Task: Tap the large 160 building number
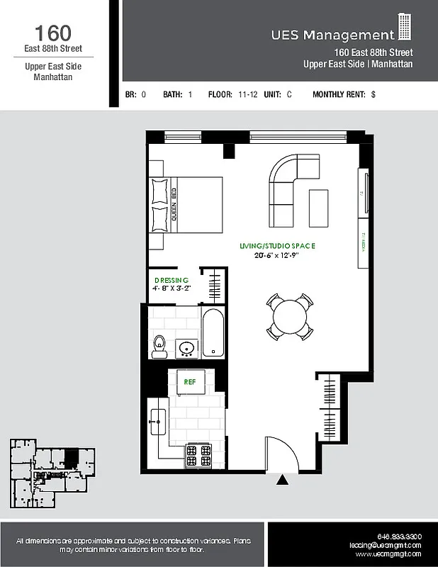[x=52, y=33]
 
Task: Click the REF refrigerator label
[x=189, y=381]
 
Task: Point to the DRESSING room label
[x=171, y=280]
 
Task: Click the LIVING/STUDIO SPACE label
[x=276, y=246]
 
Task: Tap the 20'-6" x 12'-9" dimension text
[x=276, y=255]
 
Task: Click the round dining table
[x=289, y=316]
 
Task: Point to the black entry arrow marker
[x=282, y=480]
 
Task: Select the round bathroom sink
[x=188, y=348]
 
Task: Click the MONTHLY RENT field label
[x=339, y=94]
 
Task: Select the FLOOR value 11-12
[x=247, y=94]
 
